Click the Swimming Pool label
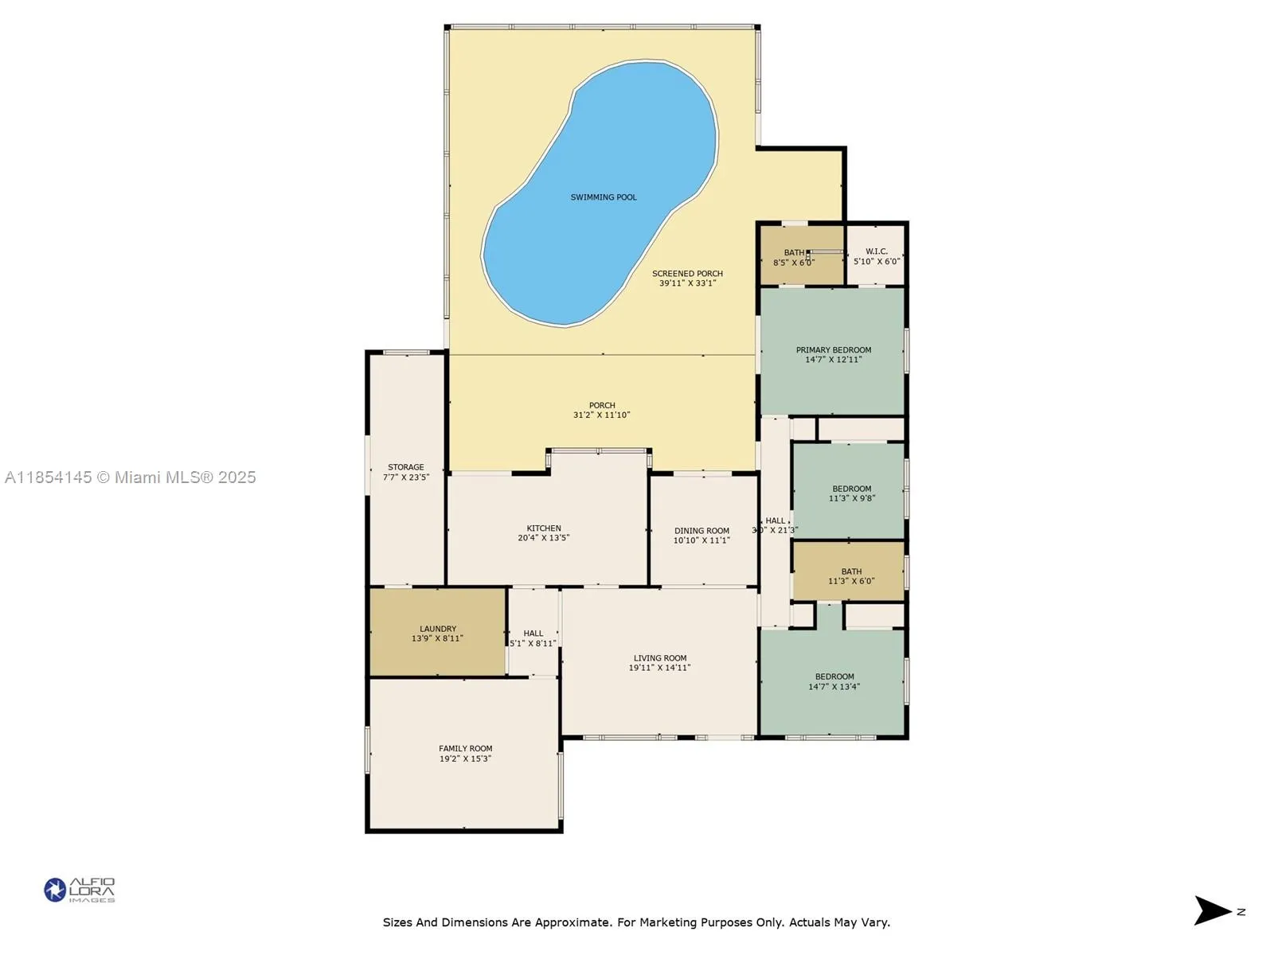click(604, 197)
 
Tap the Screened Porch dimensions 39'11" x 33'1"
click(687, 283)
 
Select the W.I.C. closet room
click(876, 256)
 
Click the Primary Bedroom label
click(833, 350)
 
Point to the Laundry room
click(437, 633)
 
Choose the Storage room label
click(405, 468)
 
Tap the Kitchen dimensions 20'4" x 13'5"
click(543, 538)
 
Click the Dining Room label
click(701, 531)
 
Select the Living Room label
click(659, 658)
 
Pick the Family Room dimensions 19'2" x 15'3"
click(465, 759)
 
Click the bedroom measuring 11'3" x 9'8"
click(851, 493)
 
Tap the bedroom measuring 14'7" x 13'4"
click(834, 681)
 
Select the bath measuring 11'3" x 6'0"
click(850, 576)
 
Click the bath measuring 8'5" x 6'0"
click(793, 257)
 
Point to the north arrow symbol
click(1213, 911)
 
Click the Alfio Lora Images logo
click(79, 890)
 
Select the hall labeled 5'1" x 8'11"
click(533, 638)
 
